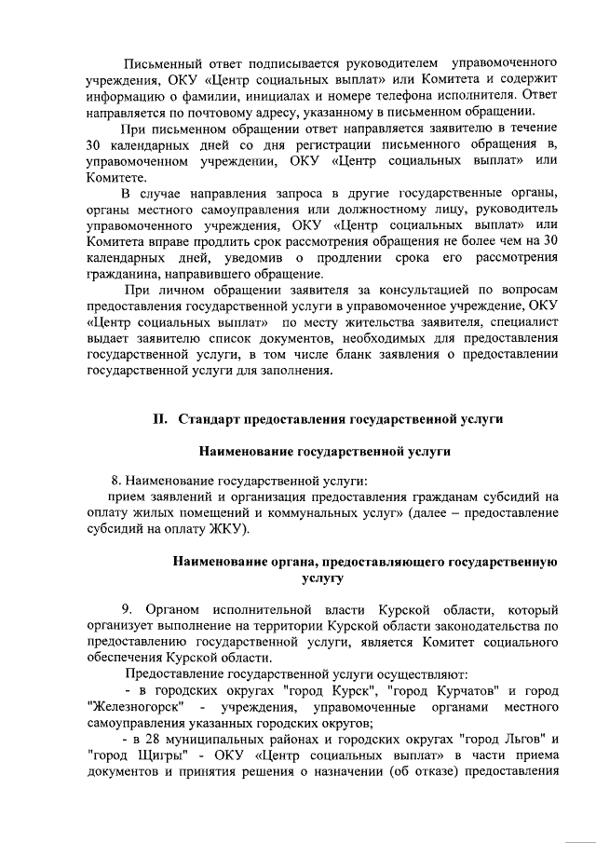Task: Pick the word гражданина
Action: (x=128, y=275)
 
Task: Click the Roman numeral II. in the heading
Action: (x=160, y=419)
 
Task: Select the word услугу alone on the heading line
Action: (x=323, y=578)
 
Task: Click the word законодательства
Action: (x=483, y=625)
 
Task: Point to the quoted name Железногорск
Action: (x=135, y=706)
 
